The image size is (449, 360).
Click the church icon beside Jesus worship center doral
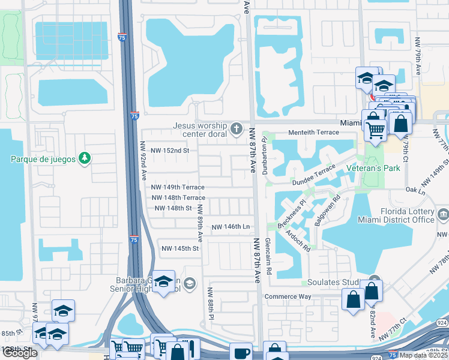click(237, 129)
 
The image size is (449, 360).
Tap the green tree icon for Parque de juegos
click(85, 158)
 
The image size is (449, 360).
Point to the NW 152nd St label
click(170, 151)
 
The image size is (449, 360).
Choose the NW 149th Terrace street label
click(178, 187)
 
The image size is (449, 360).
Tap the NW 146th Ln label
click(230, 227)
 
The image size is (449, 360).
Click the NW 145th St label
click(179, 248)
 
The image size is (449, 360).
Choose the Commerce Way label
click(289, 296)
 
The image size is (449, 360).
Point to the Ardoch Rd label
click(297, 241)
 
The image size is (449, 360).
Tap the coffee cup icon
click(241, 352)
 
